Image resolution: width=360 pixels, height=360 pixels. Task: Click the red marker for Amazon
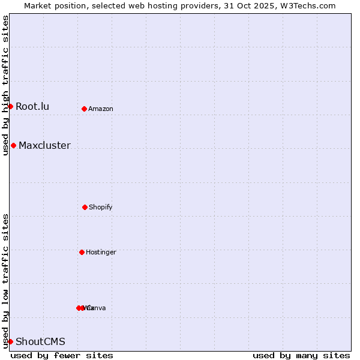[84, 109]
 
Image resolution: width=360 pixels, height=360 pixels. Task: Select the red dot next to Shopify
[85, 207]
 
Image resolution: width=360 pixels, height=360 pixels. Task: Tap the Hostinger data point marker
[82, 252]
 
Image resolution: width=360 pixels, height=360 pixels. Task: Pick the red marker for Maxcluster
[13, 145]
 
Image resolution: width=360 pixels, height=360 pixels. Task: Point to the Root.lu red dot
[10, 106]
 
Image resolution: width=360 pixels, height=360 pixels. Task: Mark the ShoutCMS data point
[10, 341]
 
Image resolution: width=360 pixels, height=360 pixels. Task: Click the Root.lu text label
[32, 107]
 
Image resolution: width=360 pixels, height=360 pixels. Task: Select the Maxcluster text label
[44, 146]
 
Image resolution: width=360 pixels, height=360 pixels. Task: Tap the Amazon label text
[101, 109]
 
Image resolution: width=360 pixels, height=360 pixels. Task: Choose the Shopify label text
[101, 208]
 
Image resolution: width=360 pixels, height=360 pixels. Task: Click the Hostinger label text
[101, 253]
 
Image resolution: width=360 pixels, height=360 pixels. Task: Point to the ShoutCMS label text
[40, 342]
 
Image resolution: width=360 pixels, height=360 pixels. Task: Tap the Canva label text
[97, 308]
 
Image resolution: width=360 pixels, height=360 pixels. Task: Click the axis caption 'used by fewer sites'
[62, 355]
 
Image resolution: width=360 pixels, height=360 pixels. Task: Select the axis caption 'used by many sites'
[301, 355]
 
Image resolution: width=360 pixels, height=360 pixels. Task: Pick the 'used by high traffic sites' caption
[5, 85]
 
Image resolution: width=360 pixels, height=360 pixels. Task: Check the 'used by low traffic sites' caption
[5, 281]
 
